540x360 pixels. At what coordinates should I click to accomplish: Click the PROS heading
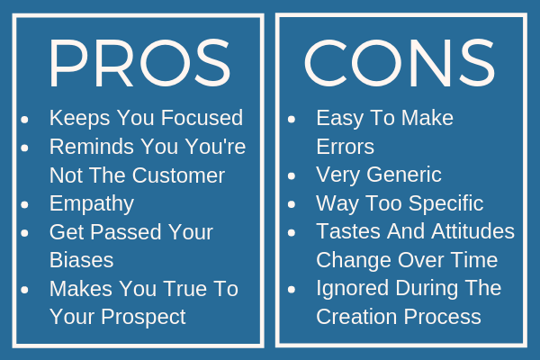[139, 63]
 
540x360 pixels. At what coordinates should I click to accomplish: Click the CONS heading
[400, 63]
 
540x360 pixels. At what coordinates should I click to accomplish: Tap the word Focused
[202, 118]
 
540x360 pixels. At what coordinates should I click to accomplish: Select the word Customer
[178, 175]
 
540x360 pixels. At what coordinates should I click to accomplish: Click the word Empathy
[92, 204]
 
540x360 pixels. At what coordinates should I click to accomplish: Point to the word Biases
[82, 260]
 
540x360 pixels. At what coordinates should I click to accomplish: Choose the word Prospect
[143, 317]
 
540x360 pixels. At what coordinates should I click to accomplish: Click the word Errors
[345, 147]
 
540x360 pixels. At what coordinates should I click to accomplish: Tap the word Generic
[404, 175]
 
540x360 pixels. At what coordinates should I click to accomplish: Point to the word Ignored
[353, 289]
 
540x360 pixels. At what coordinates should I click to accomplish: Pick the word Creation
[356, 317]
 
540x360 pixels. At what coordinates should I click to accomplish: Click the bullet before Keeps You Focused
[25, 120]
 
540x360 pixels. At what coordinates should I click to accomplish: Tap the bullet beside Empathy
[25, 204]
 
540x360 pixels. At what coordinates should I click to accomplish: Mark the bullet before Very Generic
[292, 176]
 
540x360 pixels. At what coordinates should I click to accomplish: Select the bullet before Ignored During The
[292, 290]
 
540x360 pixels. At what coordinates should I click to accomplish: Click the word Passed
[127, 232]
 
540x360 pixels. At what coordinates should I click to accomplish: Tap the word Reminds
[92, 147]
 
